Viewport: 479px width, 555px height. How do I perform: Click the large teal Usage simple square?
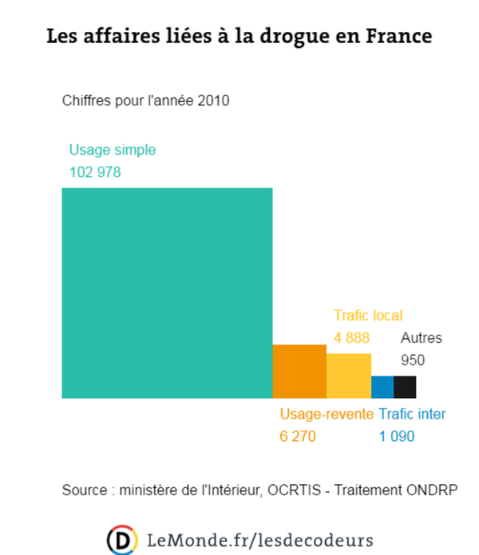(x=167, y=293)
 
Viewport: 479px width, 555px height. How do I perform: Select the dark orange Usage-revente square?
(x=299, y=371)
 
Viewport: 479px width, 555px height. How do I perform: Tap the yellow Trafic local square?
(x=349, y=376)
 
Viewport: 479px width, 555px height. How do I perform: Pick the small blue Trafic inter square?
(x=382, y=387)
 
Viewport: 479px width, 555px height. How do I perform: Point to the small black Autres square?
(x=405, y=387)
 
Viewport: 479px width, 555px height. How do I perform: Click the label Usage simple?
(x=113, y=149)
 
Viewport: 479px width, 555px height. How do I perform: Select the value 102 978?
(x=95, y=171)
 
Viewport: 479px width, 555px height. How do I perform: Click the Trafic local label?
(x=368, y=315)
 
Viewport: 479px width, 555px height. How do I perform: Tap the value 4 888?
(x=351, y=337)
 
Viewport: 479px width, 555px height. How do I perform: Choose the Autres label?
(x=421, y=337)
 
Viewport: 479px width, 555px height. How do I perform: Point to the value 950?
(x=413, y=360)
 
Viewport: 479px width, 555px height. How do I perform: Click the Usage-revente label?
(x=326, y=414)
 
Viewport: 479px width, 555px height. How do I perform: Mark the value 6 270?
(x=298, y=436)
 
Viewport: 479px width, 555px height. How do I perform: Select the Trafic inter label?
(x=412, y=414)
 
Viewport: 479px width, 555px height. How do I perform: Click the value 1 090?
(x=396, y=436)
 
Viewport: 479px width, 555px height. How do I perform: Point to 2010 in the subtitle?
(x=213, y=100)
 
